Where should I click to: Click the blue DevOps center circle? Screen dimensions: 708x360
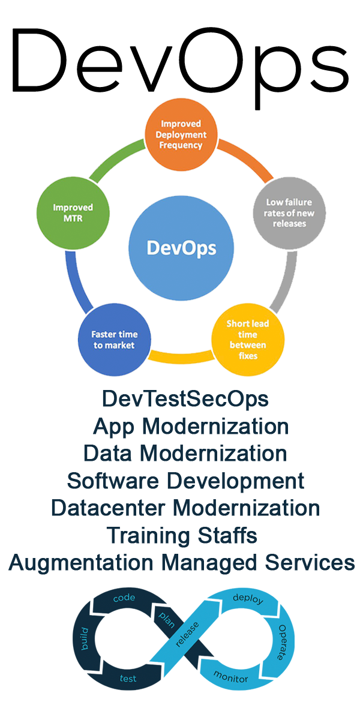click(173, 247)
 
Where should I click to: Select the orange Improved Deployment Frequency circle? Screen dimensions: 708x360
click(181, 134)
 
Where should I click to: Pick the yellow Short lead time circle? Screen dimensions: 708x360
click(247, 339)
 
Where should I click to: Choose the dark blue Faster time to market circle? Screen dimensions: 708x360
click(113, 339)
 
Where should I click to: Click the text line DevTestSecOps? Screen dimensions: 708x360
click(185, 399)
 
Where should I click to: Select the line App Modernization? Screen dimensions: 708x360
click(191, 427)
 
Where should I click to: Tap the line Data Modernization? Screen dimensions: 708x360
click(185, 454)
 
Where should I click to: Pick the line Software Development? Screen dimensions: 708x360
click(185, 481)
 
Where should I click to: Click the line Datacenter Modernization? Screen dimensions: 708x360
click(185, 508)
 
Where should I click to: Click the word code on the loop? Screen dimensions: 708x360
click(124, 598)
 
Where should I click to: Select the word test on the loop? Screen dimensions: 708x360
click(128, 678)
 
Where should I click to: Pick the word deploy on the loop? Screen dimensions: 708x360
click(247, 599)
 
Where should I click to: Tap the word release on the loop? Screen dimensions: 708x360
click(187, 634)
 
